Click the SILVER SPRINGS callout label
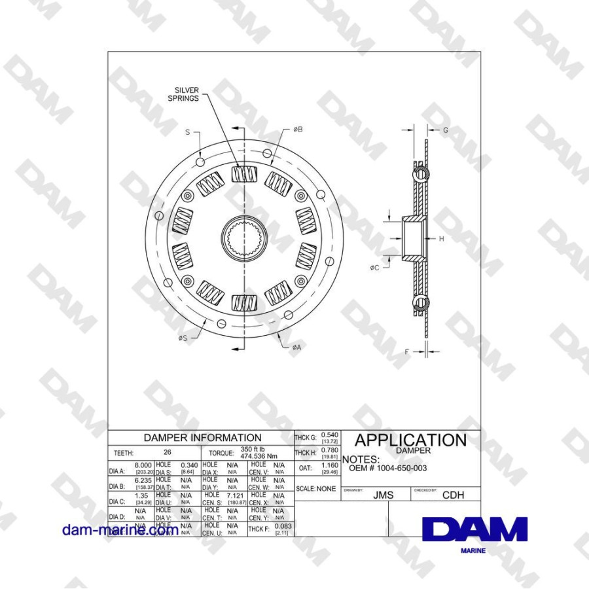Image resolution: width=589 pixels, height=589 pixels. [x=187, y=94]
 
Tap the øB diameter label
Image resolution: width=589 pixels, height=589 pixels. [x=297, y=130]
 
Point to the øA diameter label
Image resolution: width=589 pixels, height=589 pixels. [x=296, y=347]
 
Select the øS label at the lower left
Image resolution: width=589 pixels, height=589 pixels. [x=183, y=338]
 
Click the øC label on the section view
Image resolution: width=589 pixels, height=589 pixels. [x=374, y=268]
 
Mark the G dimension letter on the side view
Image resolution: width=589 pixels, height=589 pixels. [x=445, y=130]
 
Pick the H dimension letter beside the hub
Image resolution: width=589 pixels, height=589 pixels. [x=441, y=239]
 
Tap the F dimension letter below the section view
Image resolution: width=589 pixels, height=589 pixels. [x=406, y=351]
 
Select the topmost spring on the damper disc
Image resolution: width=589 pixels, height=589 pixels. [x=243, y=175]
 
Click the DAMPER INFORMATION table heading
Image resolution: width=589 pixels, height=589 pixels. [x=202, y=438]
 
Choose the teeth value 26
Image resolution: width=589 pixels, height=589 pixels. [x=168, y=452]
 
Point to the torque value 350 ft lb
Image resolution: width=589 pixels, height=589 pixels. [x=253, y=449]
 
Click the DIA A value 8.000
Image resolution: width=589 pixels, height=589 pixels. [x=143, y=464]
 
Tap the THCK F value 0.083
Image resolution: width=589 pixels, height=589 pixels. [x=283, y=526]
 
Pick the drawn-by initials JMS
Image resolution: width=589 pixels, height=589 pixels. [x=383, y=495]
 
